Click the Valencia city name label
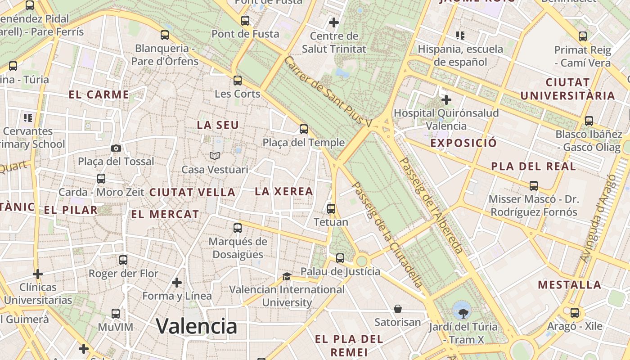(197, 326)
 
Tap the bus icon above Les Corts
(238, 81)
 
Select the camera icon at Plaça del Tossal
(116, 148)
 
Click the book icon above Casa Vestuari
(215, 156)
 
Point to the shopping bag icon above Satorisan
(398, 309)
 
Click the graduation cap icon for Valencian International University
(287, 276)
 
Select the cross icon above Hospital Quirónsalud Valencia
(446, 99)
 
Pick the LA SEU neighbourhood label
(218, 125)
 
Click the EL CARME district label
(99, 94)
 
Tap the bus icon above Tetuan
(331, 208)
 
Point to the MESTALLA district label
(570, 284)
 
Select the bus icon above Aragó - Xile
(575, 313)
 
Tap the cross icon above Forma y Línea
(177, 283)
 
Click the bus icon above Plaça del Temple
(304, 129)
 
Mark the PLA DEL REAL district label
(533, 166)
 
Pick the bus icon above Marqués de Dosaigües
(238, 228)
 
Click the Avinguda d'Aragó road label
(598, 219)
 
